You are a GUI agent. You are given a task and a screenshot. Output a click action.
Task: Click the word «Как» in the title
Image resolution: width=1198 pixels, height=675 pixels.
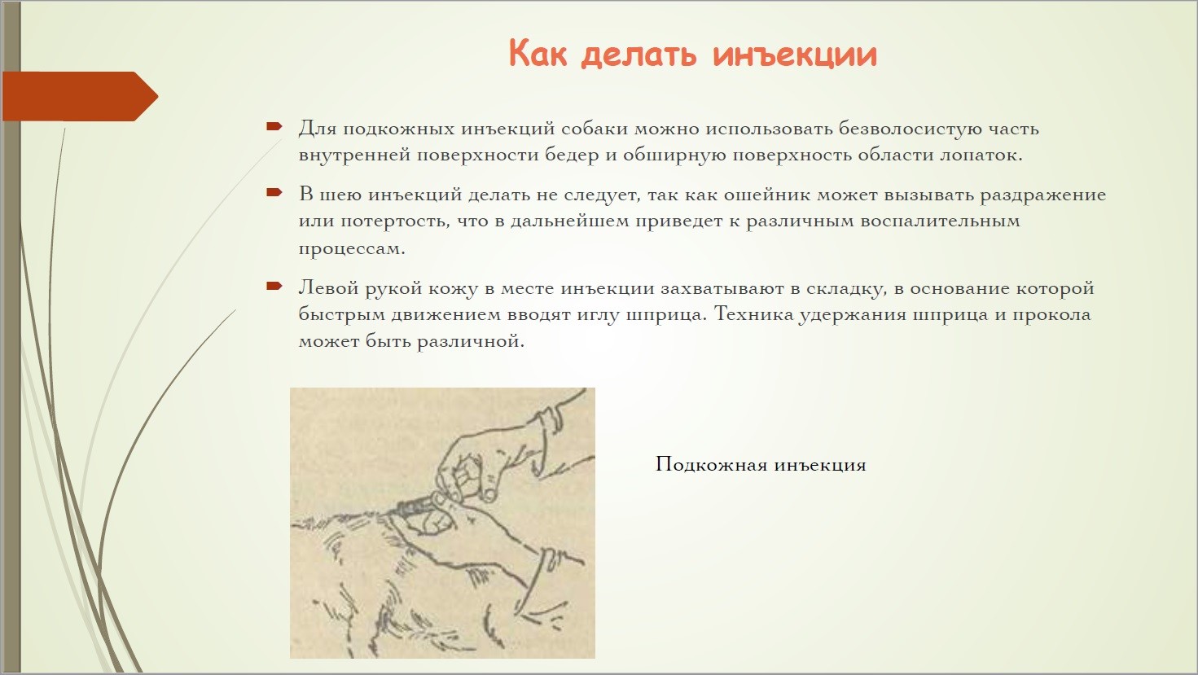coord(538,53)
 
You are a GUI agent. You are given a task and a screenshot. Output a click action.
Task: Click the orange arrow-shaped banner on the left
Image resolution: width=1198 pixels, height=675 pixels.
coord(81,96)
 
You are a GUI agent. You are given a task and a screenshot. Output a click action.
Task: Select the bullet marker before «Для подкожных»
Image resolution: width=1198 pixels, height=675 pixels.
coord(274,127)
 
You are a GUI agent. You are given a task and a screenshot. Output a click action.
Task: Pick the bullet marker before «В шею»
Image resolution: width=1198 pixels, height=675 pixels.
coord(274,192)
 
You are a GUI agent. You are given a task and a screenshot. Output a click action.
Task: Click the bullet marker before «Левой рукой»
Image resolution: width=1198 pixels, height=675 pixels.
coord(274,286)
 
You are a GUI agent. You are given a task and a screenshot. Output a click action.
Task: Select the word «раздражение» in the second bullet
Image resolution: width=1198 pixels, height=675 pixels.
coord(1043,195)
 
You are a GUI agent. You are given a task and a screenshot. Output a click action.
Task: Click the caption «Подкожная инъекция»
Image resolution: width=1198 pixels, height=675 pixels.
coord(761,464)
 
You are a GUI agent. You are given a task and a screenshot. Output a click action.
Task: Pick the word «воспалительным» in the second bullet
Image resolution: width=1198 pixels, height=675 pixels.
coord(940,221)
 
